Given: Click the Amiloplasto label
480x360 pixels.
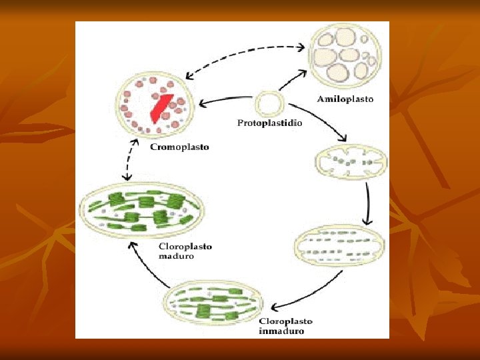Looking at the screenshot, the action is (x=345, y=99).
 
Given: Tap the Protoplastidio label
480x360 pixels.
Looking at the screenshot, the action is (x=269, y=123).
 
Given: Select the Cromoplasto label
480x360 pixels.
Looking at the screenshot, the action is (x=179, y=147).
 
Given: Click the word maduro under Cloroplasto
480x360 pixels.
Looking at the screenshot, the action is (x=176, y=256).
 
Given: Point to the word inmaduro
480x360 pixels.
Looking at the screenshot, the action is (x=282, y=331).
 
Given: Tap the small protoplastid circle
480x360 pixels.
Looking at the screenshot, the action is (x=270, y=104).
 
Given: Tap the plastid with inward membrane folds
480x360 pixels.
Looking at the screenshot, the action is (x=350, y=162).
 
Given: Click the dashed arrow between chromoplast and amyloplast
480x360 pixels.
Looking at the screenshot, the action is (x=243, y=51).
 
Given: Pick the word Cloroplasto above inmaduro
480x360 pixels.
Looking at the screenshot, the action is (x=285, y=321).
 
